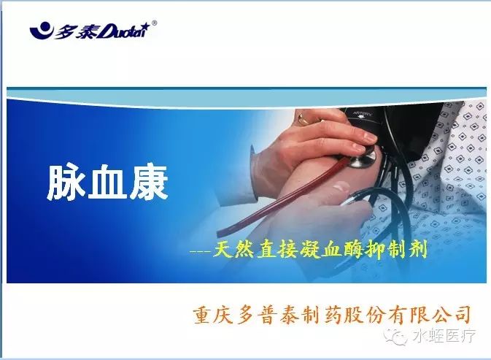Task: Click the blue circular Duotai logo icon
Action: (41, 30)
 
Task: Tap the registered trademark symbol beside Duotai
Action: (154, 23)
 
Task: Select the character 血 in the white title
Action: (107, 183)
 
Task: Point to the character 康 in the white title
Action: (148, 183)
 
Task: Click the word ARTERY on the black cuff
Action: (363, 113)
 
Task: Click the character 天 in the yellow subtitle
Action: (223, 250)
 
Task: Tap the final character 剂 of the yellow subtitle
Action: (418, 250)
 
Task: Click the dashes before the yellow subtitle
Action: (201, 251)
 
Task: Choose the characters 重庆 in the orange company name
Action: (214, 315)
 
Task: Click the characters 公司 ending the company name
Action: (450, 315)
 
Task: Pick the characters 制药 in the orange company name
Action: (312, 315)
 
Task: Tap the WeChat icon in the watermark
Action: (396, 337)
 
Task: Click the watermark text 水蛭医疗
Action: (444, 337)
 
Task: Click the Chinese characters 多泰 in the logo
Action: (75, 31)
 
